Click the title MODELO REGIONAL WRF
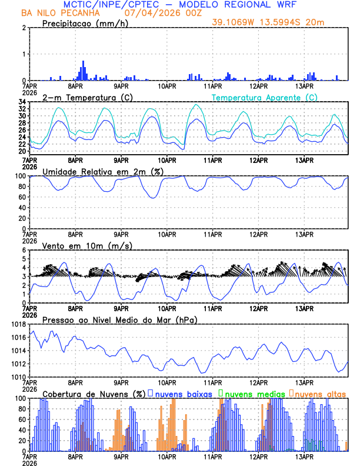click(248, 5)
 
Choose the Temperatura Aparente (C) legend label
click(265, 97)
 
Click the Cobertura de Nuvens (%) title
click(94, 394)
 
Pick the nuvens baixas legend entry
click(184, 394)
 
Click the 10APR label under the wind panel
click(167, 308)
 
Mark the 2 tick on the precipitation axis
click(24, 28)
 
